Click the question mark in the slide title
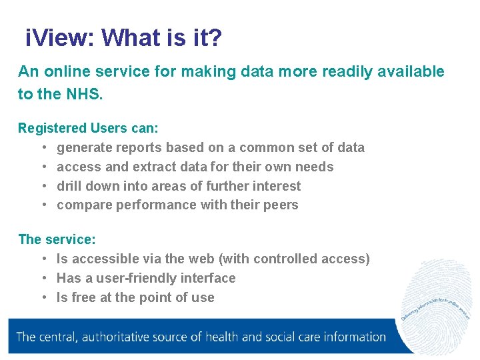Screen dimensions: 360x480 [215, 39]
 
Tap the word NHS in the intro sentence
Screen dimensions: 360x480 [83, 94]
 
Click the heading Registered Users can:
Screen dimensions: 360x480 [88, 127]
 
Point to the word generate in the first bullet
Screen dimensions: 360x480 [84, 147]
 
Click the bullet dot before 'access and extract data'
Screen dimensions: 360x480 [43, 167]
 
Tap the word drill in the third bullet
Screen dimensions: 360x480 [70, 186]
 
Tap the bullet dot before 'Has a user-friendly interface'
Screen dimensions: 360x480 [43, 278]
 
